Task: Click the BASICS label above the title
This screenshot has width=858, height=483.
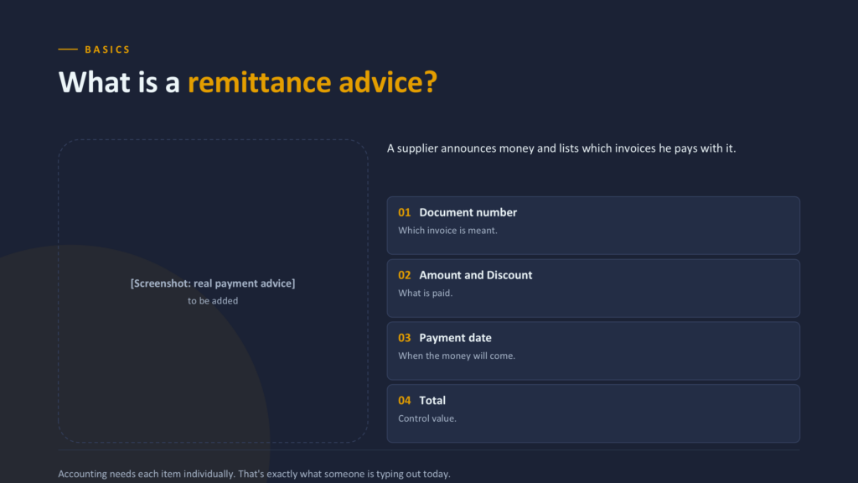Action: point(107,49)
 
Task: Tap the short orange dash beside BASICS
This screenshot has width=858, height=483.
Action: point(68,49)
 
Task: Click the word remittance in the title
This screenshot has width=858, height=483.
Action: point(259,82)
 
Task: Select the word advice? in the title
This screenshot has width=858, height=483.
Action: point(388,82)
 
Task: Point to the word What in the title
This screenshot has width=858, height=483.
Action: point(95,82)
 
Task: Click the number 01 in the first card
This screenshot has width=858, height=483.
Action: point(405,212)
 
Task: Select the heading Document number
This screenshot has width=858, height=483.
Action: point(468,212)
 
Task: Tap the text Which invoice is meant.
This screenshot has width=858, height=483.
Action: point(447,231)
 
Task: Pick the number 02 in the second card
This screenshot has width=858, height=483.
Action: point(405,275)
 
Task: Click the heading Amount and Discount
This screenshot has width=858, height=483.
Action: point(476,275)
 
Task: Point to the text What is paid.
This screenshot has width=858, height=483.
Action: point(425,293)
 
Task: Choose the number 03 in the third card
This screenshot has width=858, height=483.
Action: point(405,338)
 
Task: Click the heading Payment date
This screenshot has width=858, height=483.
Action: point(455,338)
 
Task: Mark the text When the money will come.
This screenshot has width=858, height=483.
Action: point(457,356)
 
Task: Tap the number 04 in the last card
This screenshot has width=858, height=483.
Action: point(405,401)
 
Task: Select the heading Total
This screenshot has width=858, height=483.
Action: point(432,401)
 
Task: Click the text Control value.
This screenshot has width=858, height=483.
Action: point(426,418)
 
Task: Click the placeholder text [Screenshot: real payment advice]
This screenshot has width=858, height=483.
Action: point(213,283)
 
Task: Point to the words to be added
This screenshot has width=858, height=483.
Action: point(213,301)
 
